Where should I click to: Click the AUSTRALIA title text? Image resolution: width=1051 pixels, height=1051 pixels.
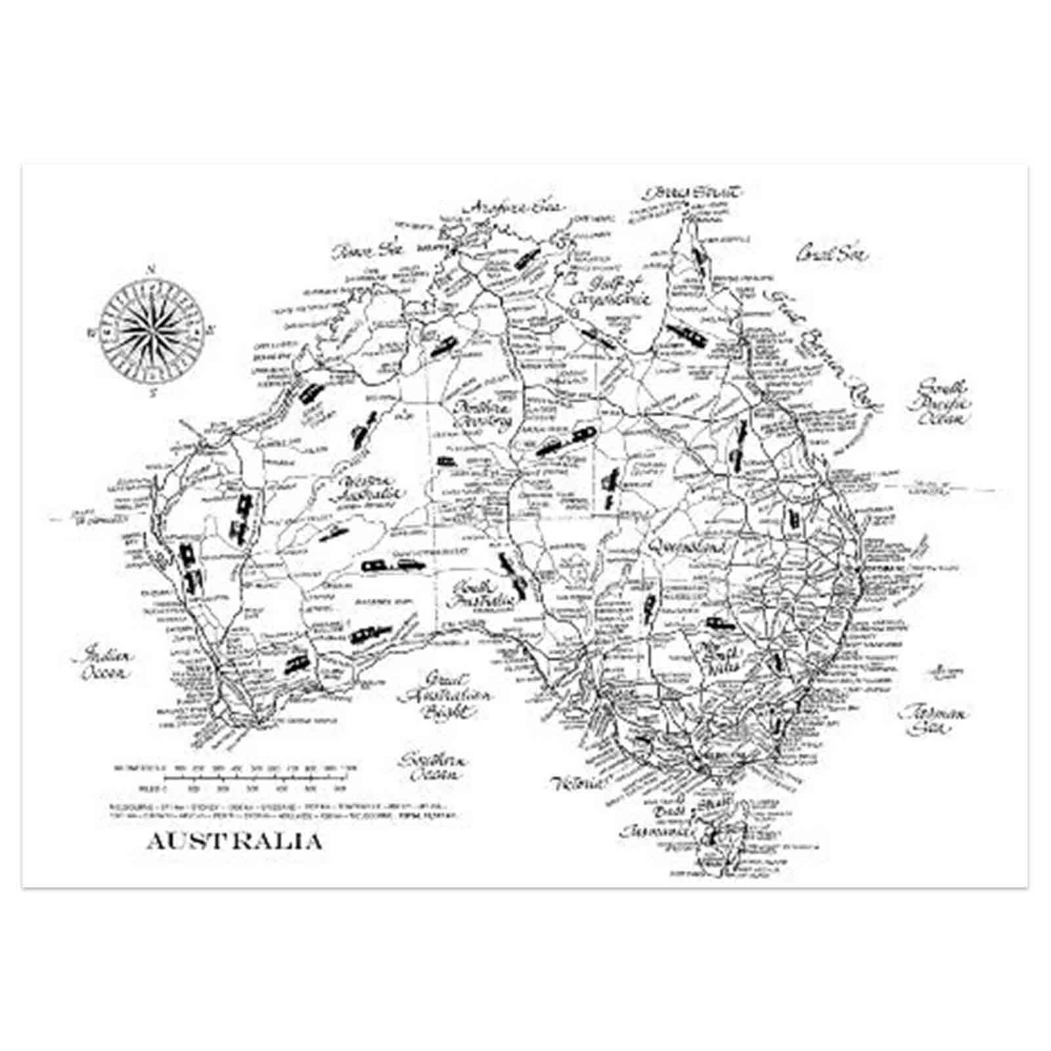pos(234,842)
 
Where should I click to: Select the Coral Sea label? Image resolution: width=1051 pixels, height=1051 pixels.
pos(831,254)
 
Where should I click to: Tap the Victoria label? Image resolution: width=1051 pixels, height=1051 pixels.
pos(577,783)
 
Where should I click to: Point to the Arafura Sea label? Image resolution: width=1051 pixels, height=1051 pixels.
pos(517,206)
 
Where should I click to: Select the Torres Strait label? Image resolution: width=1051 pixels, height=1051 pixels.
pos(693,193)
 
